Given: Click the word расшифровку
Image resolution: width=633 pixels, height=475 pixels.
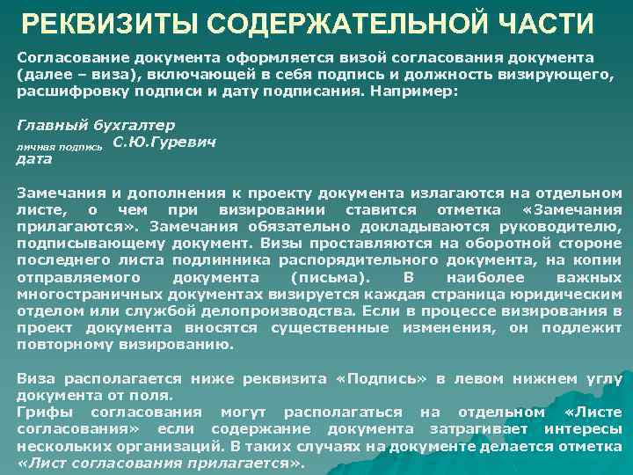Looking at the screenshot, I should pos(64,90).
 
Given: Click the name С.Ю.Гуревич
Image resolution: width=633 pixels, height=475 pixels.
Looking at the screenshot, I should pos(165,142).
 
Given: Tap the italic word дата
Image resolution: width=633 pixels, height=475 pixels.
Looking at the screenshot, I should pos(35,159).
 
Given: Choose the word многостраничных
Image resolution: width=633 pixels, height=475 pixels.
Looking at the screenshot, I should pos(84,294).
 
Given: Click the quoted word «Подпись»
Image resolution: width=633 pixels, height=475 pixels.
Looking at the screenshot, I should pos(375,378).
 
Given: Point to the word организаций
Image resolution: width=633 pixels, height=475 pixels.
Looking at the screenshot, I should pos(166,446).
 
